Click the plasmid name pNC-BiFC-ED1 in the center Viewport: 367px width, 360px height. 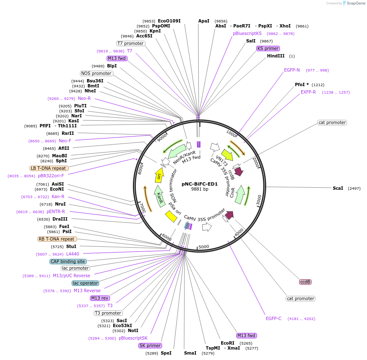200,184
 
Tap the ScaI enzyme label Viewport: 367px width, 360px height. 338,189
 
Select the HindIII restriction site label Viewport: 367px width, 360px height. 276,56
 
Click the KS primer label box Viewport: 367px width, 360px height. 268,48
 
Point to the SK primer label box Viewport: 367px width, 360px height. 150,345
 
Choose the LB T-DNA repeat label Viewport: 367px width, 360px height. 49,168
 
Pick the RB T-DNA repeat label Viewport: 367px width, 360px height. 57,239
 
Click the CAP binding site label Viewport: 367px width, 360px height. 68,261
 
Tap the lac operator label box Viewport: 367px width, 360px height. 85,283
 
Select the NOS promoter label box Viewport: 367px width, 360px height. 96,73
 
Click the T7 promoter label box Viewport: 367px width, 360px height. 130,43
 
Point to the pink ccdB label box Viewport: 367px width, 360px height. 305,282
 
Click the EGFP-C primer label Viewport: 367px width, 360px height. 274,318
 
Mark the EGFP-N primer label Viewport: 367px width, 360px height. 292,70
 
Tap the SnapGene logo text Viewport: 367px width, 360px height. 354,3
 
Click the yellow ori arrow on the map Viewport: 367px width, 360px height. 159,176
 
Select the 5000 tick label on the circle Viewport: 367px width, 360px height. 204,247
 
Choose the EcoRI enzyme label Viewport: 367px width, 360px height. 227,343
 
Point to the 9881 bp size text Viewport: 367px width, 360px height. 200,189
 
